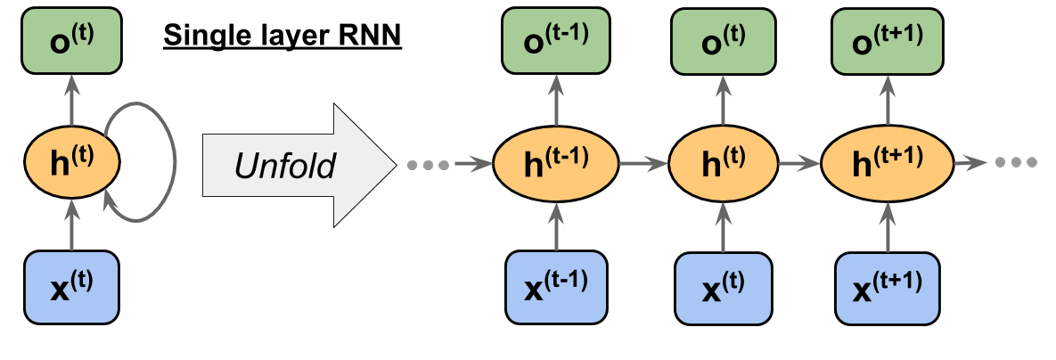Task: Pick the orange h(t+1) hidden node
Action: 887,164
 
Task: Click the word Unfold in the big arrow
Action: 285,165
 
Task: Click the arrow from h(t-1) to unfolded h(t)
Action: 644,164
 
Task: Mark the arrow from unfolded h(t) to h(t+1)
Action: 799,164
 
